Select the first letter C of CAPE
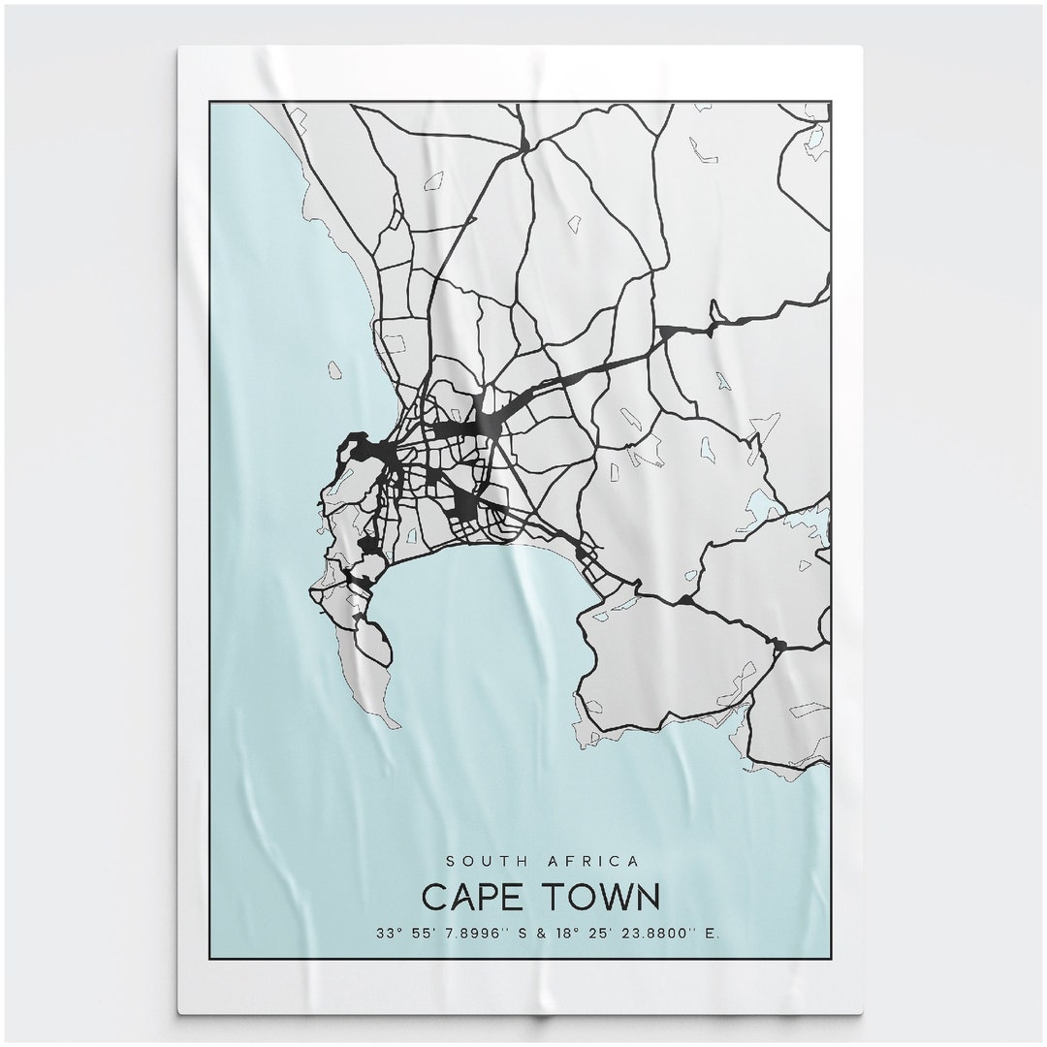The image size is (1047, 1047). (433, 897)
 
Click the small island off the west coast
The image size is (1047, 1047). (334, 369)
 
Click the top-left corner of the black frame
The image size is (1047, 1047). (209, 102)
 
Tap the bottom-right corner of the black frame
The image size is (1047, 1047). (831, 958)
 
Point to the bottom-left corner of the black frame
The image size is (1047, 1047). (209, 958)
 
